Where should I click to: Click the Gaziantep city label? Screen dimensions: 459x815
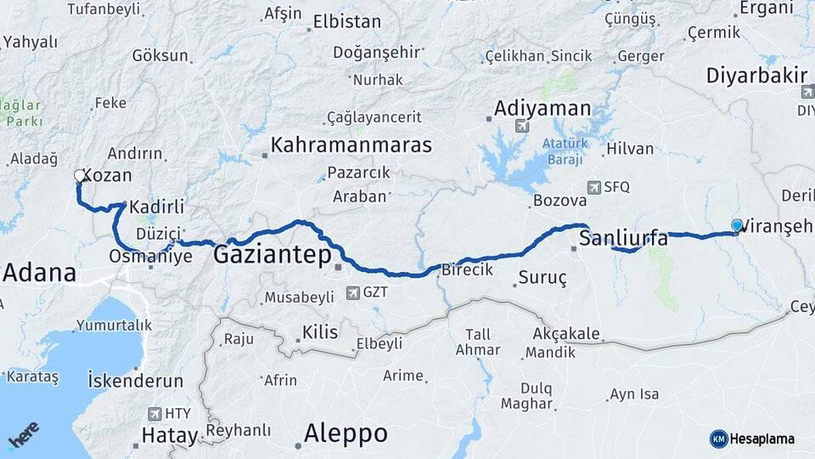272,254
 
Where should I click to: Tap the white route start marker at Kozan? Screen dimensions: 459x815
80,176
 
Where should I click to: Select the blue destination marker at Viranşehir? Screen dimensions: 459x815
737,225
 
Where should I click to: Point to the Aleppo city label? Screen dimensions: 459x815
346,433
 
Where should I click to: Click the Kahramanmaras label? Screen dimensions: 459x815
351,144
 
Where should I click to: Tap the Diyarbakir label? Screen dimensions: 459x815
756,76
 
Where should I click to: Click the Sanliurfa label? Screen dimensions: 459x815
623,240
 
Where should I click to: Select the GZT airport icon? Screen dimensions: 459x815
353,293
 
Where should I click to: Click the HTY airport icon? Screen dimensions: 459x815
155,414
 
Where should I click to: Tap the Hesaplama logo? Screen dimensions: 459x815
752,439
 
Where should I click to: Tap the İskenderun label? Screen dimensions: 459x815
136,381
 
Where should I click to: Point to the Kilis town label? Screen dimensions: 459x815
320,331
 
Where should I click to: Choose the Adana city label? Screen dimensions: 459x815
39,274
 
